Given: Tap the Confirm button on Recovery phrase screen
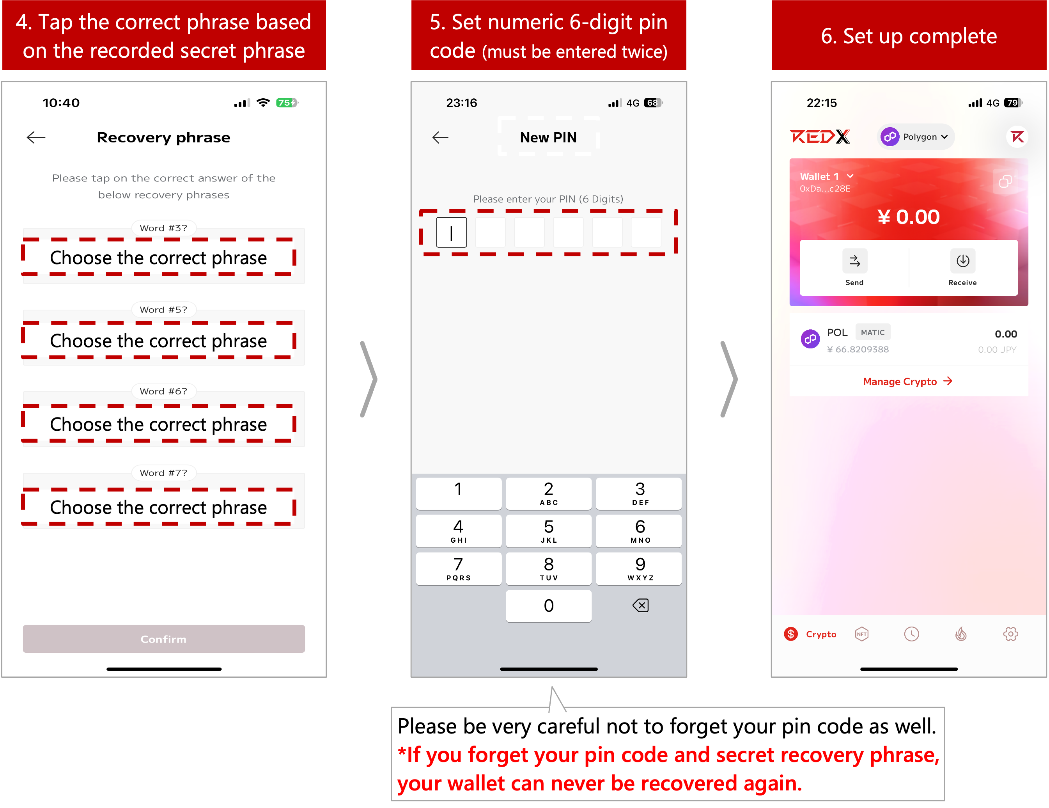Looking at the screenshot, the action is pyautogui.click(x=164, y=639).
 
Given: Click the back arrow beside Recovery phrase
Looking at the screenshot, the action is pyautogui.click(x=36, y=137).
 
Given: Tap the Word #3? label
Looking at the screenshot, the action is pyautogui.click(x=163, y=228).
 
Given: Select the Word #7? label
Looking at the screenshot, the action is pyautogui.click(x=163, y=472).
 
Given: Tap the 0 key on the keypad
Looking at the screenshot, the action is pyautogui.click(x=549, y=606).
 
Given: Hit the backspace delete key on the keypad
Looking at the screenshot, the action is pyautogui.click(x=640, y=606).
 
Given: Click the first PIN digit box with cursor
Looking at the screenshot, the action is pyautogui.click(x=452, y=233).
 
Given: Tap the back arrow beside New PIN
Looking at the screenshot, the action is pyautogui.click(x=440, y=137).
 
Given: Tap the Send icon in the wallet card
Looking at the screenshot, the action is pyautogui.click(x=855, y=261).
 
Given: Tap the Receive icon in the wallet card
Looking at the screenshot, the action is pyautogui.click(x=962, y=261).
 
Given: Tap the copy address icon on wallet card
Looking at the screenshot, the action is pyautogui.click(x=1005, y=181).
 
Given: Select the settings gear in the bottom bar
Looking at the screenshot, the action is pyautogui.click(x=1010, y=634).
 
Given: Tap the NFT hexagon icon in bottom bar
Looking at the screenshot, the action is pyautogui.click(x=862, y=634).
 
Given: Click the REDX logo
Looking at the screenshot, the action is pyautogui.click(x=820, y=137).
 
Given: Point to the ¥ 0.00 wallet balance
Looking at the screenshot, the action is pyautogui.click(x=908, y=217).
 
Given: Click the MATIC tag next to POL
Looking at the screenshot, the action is pyautogui.click(x=873, y=332).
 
